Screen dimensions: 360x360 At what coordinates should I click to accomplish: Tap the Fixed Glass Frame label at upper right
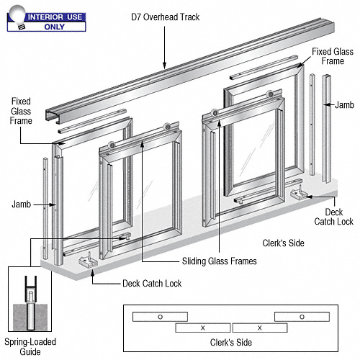pyautogui.click(x=332, y=57)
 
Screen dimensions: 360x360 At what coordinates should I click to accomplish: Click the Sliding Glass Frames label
pyautogui.click(x=219, y=261)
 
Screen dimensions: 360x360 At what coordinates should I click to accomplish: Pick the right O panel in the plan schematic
pyautogui.click(x=301, y=316)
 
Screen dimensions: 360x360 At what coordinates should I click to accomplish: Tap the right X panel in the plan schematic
pyautogui.click(x=259, y=328)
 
